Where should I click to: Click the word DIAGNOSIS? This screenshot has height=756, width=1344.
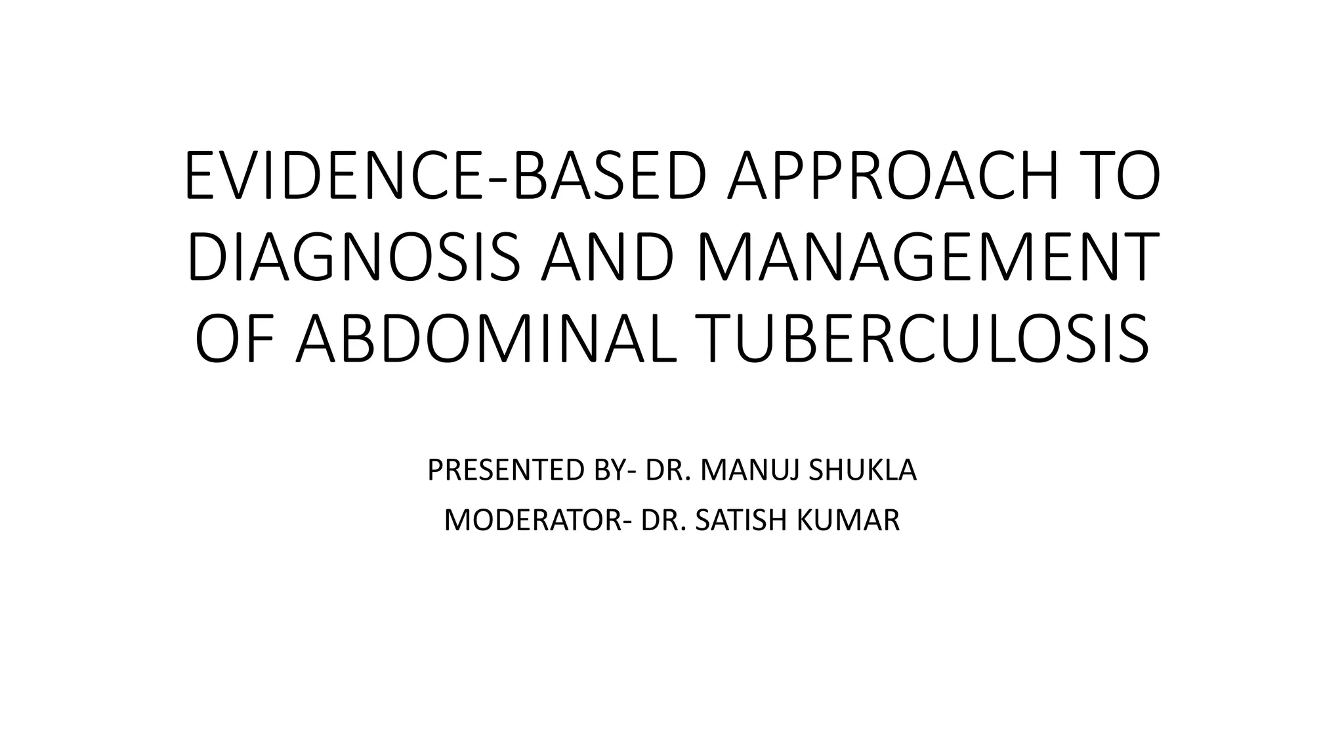coord(354,258)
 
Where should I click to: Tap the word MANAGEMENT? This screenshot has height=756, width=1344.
coord(925,258)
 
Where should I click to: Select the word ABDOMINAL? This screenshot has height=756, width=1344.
coord(486,339)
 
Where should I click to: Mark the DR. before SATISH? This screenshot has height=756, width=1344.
coord(663,521)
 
